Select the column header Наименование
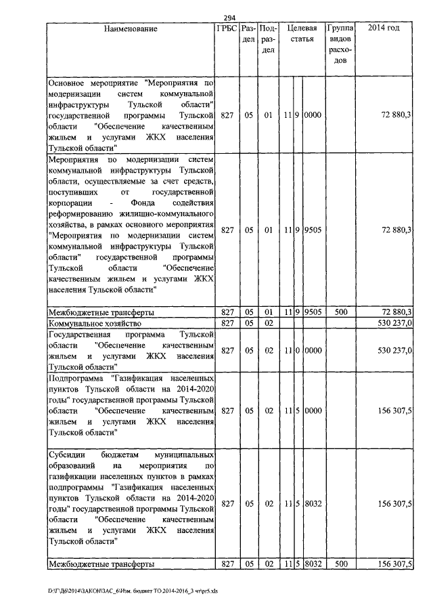click(x=131, y=29)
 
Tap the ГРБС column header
click(x=227, y=29)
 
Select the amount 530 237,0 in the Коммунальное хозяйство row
click(x=394, y=323)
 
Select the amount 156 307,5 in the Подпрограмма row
click(x=394, y=410)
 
